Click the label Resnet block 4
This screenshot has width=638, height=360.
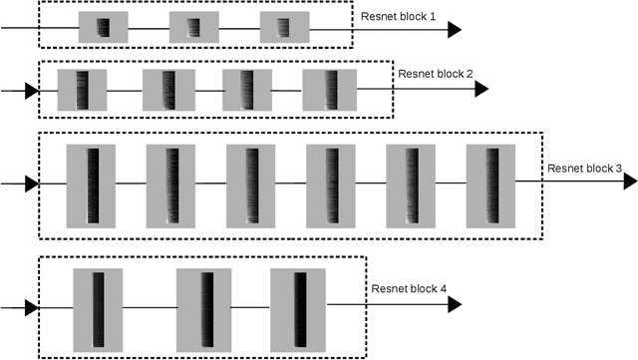click(x=410, y=289)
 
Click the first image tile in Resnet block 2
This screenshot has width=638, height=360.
click(x=82, y=90)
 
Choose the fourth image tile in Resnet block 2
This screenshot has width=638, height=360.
click(x=328, y=90)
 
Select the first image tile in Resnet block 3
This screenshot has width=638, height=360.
click(x=92, y=185)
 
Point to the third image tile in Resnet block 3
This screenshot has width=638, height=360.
click(x=250, y=185)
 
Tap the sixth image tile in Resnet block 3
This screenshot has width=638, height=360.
click(x=491, y=185)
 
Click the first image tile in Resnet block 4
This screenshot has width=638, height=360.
click(x=98, y=308)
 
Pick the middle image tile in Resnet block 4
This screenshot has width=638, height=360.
click(x=203, y=308)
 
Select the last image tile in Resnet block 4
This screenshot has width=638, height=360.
click(x=298, y=308)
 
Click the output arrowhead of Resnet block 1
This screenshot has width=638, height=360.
click(x=454, y=30)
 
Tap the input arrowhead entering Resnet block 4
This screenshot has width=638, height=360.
click(x=31, y=308)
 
